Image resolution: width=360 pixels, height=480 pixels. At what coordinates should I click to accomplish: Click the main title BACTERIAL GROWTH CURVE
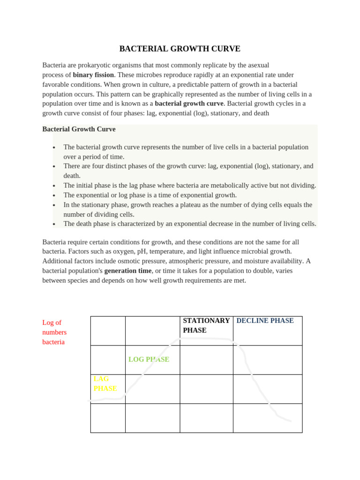180,49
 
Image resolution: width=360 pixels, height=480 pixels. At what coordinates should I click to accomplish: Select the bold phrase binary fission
93,75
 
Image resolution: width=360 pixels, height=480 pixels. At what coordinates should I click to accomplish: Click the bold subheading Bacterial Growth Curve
79,129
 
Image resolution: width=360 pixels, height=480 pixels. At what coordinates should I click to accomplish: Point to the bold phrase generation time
127,270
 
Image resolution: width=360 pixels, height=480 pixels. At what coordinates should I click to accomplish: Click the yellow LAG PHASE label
105,383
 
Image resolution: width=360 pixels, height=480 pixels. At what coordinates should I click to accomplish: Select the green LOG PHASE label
149,360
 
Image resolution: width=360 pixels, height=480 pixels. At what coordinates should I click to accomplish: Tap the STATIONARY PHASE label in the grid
206,325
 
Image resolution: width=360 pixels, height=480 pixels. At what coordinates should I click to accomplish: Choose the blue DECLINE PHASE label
265,321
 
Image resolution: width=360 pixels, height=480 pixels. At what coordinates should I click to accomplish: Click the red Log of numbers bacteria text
54,332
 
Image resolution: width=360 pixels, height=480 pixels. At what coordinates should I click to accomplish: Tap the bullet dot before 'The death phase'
54,225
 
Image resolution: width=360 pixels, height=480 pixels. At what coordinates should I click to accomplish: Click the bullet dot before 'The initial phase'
54,186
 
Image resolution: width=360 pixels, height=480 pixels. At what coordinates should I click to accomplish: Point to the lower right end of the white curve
291,421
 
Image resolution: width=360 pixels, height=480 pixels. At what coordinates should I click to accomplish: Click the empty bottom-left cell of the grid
108,418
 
